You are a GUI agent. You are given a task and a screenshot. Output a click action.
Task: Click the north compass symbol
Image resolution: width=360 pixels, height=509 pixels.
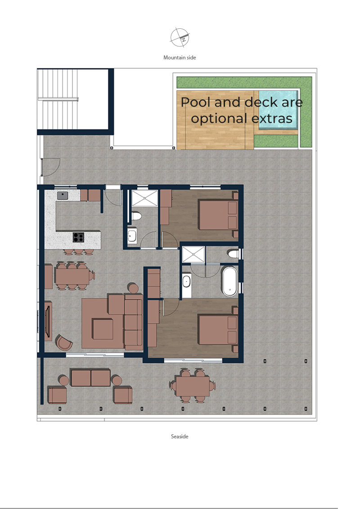pos(180,37)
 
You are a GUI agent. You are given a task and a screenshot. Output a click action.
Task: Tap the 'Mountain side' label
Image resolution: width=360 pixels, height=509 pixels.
pos(180,58)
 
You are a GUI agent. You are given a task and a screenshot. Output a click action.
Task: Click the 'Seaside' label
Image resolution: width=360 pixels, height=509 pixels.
pos(180,436)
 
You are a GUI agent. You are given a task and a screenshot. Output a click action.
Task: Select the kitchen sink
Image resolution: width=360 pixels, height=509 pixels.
pos(63,195)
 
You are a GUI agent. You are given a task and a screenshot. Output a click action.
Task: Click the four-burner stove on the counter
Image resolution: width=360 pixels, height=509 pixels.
pos(78,237)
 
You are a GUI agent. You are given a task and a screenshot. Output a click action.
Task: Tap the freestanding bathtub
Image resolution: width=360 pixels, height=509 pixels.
pos(229,281)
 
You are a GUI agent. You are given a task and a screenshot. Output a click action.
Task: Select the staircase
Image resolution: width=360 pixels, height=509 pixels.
pos(58,99)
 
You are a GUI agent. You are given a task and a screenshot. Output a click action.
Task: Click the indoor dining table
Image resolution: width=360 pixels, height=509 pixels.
pos(72,275)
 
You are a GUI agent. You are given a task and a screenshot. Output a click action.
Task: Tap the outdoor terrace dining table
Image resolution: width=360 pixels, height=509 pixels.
pos(193,386)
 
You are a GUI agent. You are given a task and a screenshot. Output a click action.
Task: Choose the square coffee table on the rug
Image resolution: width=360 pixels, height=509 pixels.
pos(103,329)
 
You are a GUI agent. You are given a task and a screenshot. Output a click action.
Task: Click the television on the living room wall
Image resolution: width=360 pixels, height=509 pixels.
pos(48,321)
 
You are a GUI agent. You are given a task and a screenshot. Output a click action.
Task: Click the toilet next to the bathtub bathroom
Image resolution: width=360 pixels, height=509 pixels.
pos(233,253)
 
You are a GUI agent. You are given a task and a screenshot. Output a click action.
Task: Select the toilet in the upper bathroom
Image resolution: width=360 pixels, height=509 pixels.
pos(136,216)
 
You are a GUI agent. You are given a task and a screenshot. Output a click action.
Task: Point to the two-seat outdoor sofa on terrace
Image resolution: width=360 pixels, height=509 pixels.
pos(90,378)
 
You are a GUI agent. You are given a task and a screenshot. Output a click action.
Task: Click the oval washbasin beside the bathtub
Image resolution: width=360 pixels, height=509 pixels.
pos(186,281)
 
